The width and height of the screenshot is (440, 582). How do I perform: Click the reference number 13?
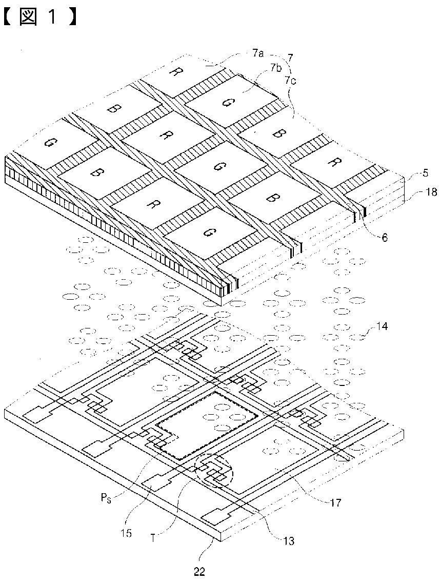(x=288, y=539)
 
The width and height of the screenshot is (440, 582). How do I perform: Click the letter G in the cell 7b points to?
(x=226, y=102)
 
